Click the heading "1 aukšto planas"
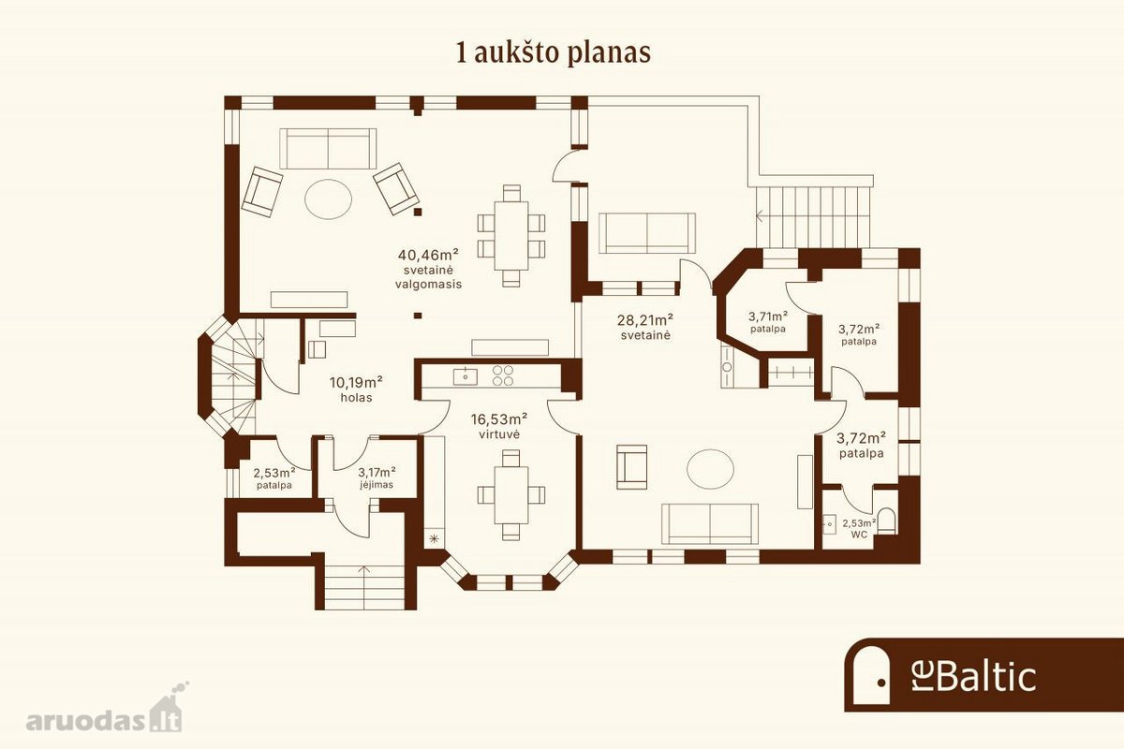click(553, 54)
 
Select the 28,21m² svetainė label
click(645, 327)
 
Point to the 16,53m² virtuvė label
click(498, 426)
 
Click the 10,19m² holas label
click(356, 389)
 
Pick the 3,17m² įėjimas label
click(377, 478)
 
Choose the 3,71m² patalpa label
click(768, 322)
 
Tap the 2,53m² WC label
click(859, 529)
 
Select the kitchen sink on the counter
click(466, 376)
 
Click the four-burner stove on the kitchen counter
click(503, 375)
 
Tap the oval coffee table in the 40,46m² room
click(328, 199)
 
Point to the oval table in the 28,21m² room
click(710, 469)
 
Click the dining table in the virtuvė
click(511, 495)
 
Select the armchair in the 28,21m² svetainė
click(631, 466)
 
